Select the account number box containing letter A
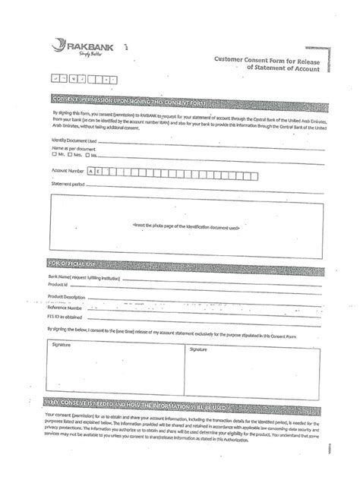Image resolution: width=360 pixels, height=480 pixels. coord(93,172)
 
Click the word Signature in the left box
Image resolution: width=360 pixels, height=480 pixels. coord(62,344)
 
